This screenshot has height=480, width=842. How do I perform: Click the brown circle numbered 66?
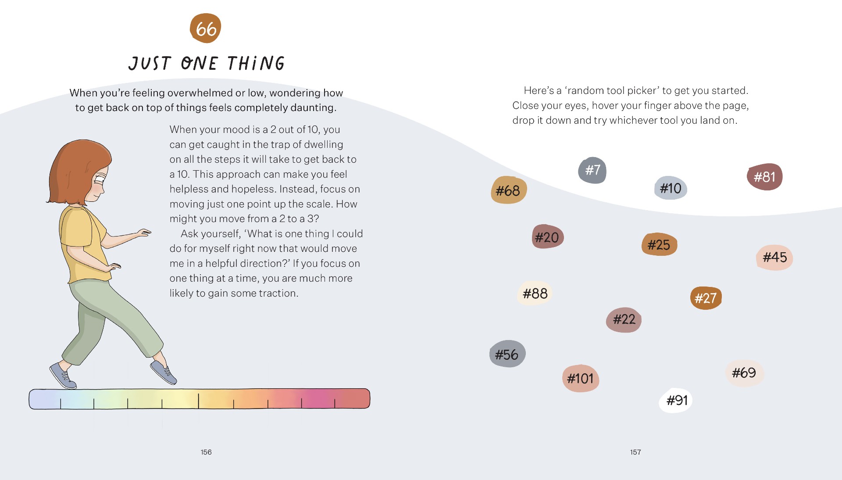205,29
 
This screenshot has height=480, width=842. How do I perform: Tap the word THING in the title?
256,64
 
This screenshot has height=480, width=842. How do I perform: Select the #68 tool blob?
508,190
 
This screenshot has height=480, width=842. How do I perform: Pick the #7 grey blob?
592,170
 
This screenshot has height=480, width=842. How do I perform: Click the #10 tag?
671,188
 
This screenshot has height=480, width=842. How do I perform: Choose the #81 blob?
764,177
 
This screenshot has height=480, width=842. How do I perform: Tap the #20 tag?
547,237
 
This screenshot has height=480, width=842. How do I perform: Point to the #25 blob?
659,244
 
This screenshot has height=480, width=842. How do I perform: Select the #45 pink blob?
774,257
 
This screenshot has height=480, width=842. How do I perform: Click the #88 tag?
535,293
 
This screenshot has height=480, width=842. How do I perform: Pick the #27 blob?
706,298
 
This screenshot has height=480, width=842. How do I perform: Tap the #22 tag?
624,319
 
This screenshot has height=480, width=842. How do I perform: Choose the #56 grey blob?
507,354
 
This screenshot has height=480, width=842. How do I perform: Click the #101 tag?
580,378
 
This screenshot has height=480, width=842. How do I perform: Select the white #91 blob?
676,400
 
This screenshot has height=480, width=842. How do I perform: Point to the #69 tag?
744,373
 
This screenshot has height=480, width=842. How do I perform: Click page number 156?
206,452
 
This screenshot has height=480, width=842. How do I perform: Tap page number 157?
635,452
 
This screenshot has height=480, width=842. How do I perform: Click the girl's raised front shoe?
164,372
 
